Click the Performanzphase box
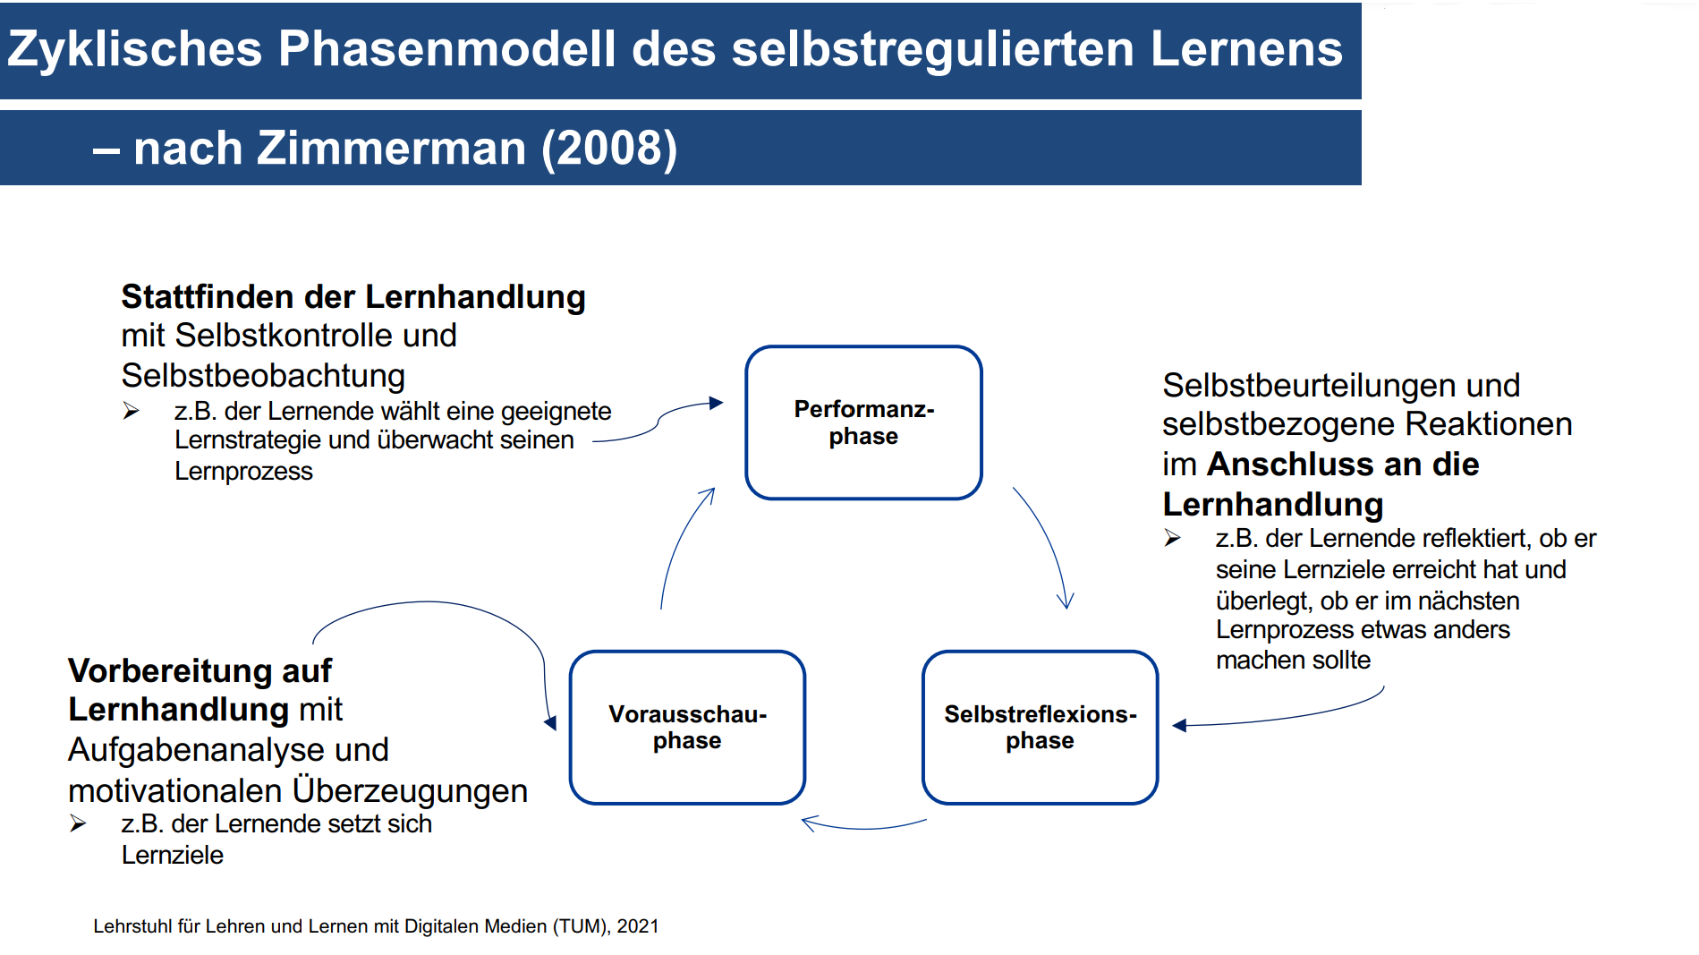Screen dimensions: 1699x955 863,422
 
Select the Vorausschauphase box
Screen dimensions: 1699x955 687,727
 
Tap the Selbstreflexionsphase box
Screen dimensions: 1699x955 1040,727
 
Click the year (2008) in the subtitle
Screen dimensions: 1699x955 609,149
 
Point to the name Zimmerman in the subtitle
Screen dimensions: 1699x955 392,148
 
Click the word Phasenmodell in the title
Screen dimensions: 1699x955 446,48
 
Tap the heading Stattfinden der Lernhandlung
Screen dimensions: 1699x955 353,296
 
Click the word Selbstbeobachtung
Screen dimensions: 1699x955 263,375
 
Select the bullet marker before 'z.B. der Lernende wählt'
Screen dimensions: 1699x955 132,411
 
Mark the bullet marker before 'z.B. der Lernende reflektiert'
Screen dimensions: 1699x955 1172,538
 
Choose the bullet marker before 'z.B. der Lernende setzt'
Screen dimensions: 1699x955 78,823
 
